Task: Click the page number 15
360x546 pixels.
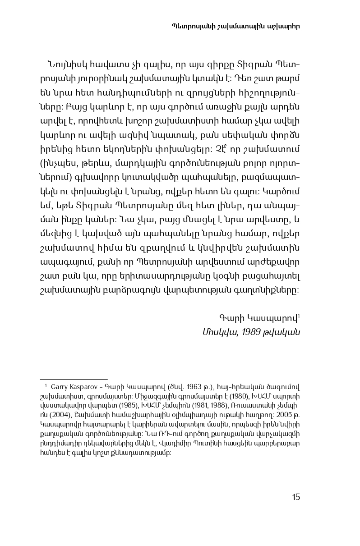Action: tap(295, 497)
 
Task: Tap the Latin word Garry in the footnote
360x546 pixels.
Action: tap(59, 387)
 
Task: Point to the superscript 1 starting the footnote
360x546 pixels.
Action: tap(46, 385)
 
